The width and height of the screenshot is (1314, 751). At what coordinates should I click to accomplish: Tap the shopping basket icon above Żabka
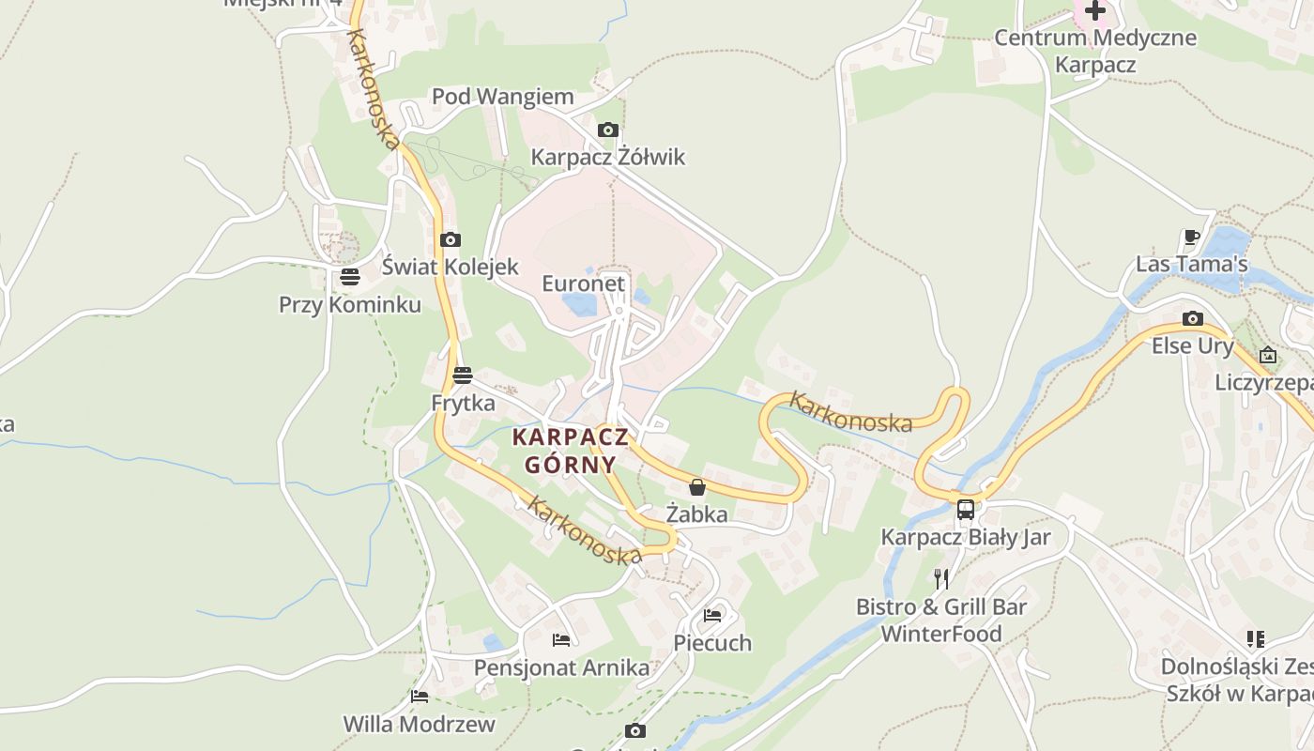tap(696, 487)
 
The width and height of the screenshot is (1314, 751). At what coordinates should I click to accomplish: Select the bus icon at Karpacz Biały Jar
tap(966, 510)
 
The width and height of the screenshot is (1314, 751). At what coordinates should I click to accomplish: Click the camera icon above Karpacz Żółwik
tap(608, 130)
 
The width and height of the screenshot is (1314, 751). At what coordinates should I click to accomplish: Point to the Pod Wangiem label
tap(502, 97)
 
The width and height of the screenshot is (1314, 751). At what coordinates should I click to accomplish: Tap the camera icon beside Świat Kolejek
tap(451, 239)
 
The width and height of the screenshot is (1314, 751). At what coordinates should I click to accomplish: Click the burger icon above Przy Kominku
tap(350, 277)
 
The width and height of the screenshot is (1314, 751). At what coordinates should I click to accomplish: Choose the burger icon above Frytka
tap(463, 376)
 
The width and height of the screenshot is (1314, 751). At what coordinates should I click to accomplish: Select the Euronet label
tap(583, 283)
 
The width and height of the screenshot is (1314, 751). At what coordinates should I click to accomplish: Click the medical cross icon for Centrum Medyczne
tap(1095, 11)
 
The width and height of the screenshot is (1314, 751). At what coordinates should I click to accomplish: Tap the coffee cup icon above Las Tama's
tap(1192, 237)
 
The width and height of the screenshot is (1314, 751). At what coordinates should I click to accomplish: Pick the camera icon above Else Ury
tap(1193, 319)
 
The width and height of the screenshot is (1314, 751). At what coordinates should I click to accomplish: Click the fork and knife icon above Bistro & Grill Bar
tap(941, 578)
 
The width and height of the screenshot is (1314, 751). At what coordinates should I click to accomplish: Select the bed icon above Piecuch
tap(713, 616)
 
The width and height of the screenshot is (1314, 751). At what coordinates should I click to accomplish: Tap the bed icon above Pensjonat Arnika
tap(561, 640)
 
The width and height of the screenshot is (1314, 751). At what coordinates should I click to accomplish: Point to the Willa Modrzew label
tap(419, 724)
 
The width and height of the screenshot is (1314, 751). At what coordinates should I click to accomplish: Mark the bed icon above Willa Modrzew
tap(420, 697)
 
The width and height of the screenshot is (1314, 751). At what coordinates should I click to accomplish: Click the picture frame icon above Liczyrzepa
tap(1268, 355)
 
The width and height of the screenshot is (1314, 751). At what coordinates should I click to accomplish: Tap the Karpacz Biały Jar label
tap(966, 538)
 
